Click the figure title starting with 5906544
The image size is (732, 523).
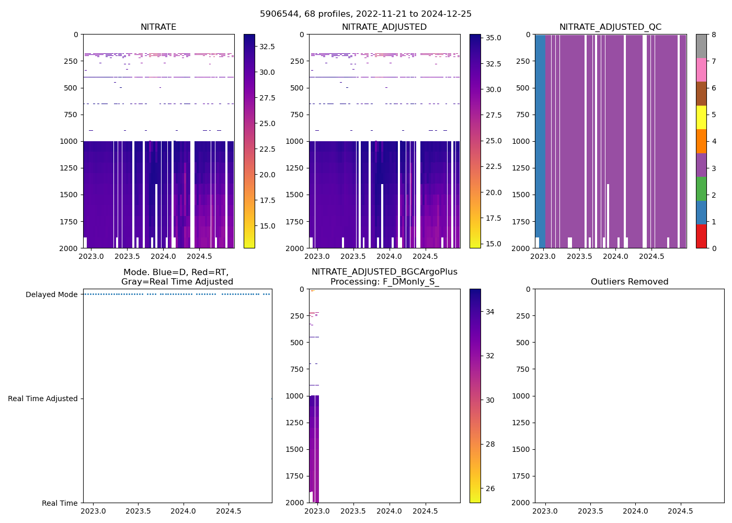pyautogui.click(x=365, y=14)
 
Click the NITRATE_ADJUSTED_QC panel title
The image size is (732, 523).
pyautogui.click(x=610, y=27)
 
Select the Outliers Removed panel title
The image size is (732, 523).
pyautogui.click(x=630, y=282)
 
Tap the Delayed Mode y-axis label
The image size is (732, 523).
pyautogui.click(x=51, y=294)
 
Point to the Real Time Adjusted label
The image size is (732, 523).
pyautogui.click(x=43, y=399)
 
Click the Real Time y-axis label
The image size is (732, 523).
pyautogui.click(x=60, y=503)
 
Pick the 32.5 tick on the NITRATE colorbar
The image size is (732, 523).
pyautogui.click(x=267, y=47)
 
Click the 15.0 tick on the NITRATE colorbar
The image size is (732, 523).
pyautogui.click(x=267, y=226)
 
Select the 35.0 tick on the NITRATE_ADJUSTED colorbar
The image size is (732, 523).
pyautogui.click(x=493, y=38)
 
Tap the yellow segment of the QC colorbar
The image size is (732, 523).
pyautogui.click(x=701, y=117)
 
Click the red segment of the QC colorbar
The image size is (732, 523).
pyautogui.click(x=701, y=236)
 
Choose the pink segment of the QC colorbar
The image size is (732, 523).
pyautogui.click(x=701, y=70)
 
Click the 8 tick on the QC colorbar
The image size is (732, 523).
pyautogui.click(x=714, y=35)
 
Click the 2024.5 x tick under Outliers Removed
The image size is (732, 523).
pyautogui.click(x=680, y=511)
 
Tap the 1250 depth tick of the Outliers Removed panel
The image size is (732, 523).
pyautogui.click(x=521, y=423)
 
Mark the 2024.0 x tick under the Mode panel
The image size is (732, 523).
pyautogui.click(x=183, y=511)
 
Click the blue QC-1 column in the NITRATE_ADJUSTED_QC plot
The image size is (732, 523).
pyautogui.click(x=540, y=131)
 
